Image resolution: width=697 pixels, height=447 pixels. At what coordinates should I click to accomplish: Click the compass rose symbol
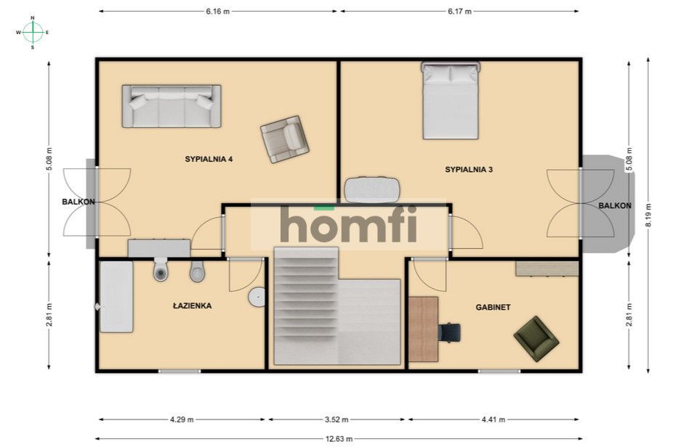(x=33, y=33)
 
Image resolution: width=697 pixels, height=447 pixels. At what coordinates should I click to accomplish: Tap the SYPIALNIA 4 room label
(x=209, y=159)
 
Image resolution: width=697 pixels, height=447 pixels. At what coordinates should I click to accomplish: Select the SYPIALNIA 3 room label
(x=469, y=169)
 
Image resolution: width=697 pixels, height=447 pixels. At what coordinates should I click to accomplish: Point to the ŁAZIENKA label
(x=192, y=305)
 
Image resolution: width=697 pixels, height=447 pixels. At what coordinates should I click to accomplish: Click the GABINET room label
(x=493, y=307)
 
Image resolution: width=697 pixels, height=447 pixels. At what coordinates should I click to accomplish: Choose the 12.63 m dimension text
(x=339, y=439)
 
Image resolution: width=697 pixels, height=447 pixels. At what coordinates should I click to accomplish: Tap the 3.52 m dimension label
(x=336, y=419)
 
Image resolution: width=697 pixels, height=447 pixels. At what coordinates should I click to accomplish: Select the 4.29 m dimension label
(x=182, y=419)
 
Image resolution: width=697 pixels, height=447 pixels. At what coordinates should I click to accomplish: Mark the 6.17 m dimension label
(x=459, y=12)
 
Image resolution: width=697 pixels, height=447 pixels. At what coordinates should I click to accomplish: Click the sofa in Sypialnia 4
(x=172, y=107)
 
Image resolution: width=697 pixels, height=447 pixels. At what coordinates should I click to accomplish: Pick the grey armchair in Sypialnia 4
(x=284, y=139)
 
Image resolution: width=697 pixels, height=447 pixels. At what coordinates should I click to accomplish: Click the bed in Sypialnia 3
(x=451, y=100)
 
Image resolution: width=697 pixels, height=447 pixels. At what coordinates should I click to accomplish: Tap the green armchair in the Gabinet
(x=536, y=339)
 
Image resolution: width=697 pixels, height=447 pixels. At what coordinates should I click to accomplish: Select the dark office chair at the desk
(x=449, y=332)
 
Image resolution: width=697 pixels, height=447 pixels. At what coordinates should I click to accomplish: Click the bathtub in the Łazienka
(x=116, y=297)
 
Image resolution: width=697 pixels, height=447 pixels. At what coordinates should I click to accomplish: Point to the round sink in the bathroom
(x=257, y=297)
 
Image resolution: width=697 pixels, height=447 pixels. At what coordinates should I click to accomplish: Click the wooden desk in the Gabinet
(x=423, y=329)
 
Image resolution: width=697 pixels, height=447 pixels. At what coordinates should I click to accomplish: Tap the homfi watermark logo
(x=349, y=224)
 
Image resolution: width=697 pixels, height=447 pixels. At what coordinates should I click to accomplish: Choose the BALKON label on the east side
(x=615, y=205)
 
